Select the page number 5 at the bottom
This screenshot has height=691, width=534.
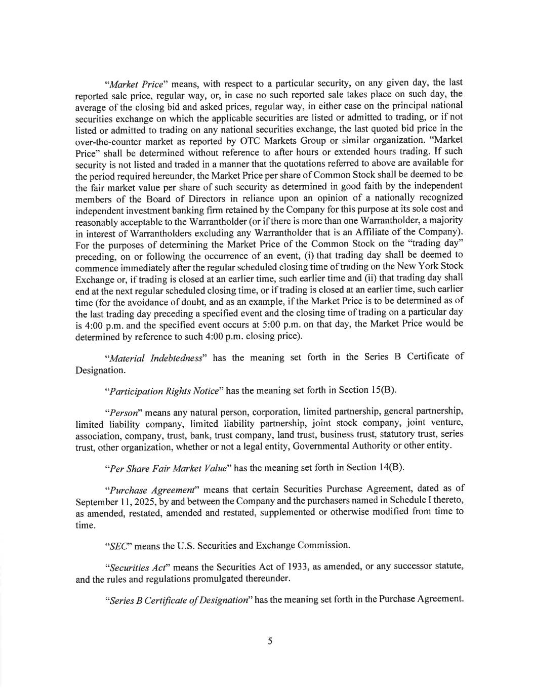pyautogui.click(x=270, y=641)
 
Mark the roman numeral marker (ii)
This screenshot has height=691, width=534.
pyautogui.click(x=332, y=278)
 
